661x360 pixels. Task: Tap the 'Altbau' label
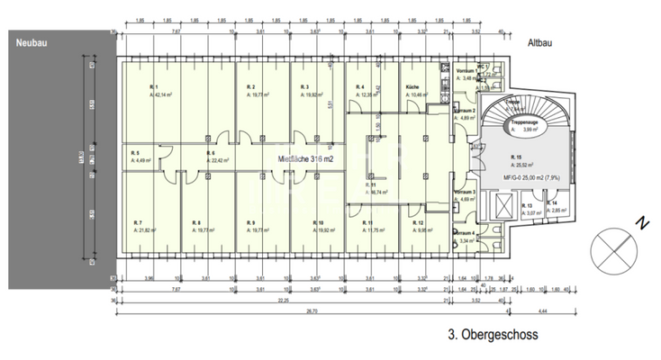(539, 41)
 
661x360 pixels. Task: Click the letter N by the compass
(638, 222)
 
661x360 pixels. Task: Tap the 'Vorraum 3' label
(465, 193)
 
